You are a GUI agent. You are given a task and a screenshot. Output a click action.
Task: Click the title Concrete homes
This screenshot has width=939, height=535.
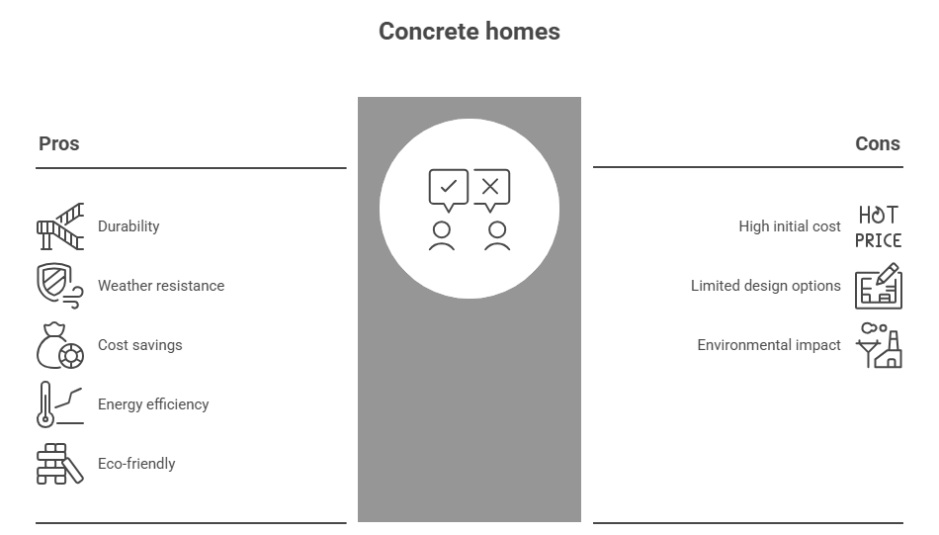coord(469,32)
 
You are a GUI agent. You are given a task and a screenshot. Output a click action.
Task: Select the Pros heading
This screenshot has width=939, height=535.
coord(58,143)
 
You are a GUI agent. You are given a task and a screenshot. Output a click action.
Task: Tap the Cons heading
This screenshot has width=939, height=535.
coord(877,143)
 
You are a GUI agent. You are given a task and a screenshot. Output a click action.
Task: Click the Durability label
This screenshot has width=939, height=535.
coord(128,226)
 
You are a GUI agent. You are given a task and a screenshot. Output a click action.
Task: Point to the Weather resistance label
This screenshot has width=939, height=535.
coord(161,286)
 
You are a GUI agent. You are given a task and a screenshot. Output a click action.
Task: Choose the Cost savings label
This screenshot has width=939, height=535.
coord(139,345)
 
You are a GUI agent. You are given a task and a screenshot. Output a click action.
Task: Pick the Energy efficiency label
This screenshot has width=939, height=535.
coord(153,404)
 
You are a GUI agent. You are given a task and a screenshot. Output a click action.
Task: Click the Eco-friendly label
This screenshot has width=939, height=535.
coord(136,464)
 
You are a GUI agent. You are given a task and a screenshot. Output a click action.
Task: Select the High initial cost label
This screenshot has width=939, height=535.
coord(790,226)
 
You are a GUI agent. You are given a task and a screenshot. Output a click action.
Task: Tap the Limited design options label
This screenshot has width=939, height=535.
coord(766,286)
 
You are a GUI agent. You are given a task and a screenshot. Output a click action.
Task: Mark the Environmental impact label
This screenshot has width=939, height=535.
coord(769,345)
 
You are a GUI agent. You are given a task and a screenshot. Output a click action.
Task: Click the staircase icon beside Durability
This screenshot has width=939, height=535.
coord(60,226)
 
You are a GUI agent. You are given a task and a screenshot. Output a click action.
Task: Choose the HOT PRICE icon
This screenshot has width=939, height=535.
coord(878,226)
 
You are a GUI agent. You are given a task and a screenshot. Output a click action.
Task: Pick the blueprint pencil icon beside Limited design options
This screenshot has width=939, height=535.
coord(878,286)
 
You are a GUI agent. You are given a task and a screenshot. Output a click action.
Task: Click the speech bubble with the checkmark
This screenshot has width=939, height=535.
coord(448,189)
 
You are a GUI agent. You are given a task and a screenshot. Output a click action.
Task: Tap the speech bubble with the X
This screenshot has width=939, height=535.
coord(491,189)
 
